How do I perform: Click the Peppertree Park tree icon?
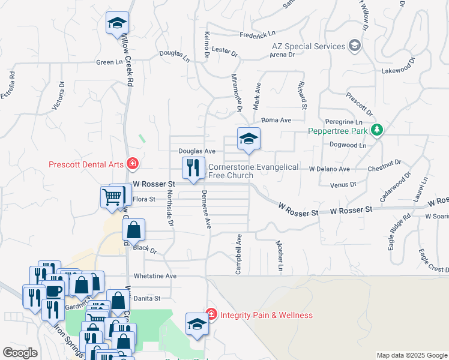point(376,130)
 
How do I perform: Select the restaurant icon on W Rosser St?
point(193,167)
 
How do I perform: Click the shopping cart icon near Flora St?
point(112,196)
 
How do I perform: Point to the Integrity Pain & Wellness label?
point(266,315)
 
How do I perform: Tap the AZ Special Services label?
point(300,46)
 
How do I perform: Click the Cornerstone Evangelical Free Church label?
point(253,171)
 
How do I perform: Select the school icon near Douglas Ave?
point(249,139)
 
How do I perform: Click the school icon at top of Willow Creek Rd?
point(117,23)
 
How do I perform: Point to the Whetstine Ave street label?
point(155,276)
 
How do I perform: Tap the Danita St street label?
point(147,298)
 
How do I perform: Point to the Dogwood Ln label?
point(348,145)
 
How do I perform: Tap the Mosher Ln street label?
point(279,256)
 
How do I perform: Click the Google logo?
point(20,353)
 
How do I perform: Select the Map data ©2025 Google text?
point(411,355)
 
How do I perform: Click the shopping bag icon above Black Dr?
point(133,229)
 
